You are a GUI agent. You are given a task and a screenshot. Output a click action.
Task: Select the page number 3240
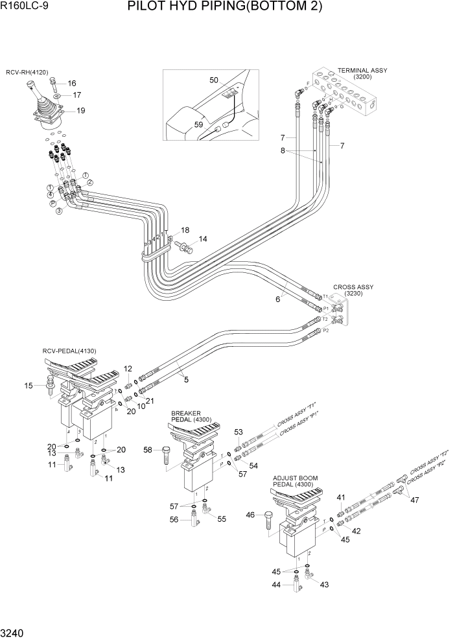[14, 632]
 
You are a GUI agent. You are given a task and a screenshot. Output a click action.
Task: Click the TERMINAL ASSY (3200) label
[362, 73]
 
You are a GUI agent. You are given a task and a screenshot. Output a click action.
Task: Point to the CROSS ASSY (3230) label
[353, 290]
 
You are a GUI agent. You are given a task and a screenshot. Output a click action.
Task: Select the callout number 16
[71, 83]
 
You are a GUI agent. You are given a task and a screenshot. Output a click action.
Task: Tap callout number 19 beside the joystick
[81, 110]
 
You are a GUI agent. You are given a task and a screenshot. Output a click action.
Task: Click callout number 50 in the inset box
[214, 80]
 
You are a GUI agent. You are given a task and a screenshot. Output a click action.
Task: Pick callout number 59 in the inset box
[199, 124]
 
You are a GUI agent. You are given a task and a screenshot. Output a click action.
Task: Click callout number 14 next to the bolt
[203, 239]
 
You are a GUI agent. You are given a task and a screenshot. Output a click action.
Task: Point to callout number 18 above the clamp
[185, 230]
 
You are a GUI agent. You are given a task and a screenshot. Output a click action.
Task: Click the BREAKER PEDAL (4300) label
[187, 417]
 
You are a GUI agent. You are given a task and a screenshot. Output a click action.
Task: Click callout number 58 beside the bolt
[147, 450]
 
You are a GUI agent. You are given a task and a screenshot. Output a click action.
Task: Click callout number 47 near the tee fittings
[415, 500]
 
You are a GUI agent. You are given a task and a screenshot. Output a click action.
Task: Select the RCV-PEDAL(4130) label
[69, 351]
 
